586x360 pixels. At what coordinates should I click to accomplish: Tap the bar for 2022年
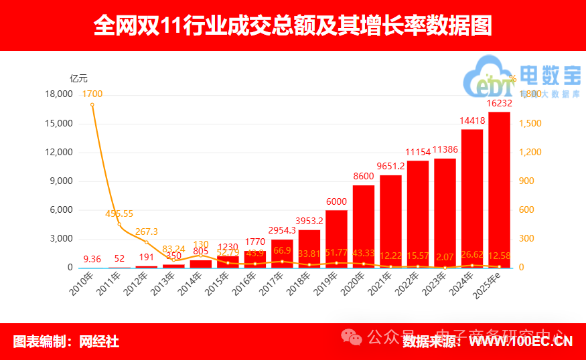tap(418, 214)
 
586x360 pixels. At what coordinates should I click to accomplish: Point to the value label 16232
tap(500, 104)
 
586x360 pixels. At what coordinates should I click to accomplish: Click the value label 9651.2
tap(390, 166)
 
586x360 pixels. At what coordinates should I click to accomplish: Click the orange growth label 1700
tap(92, 94)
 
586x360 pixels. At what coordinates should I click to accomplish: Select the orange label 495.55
tap(119, 213)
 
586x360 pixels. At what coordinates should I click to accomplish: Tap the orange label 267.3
tap(147, 232)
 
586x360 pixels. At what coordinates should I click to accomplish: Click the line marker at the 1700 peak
tap(92, 104)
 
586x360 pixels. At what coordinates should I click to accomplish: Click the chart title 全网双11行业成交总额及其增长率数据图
tap(293, 25)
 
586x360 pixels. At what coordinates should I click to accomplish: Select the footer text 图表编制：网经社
tap(66, 341)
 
